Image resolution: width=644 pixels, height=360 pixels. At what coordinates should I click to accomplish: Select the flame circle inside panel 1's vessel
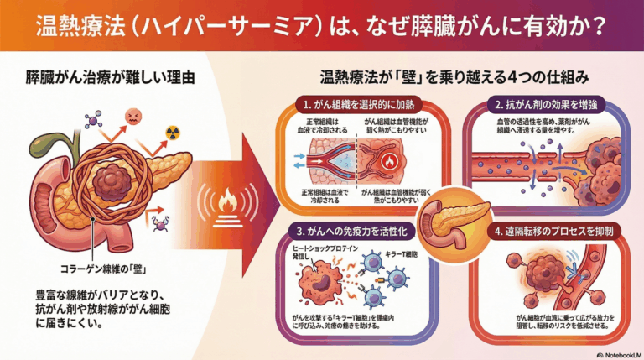tap(390, 160)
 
